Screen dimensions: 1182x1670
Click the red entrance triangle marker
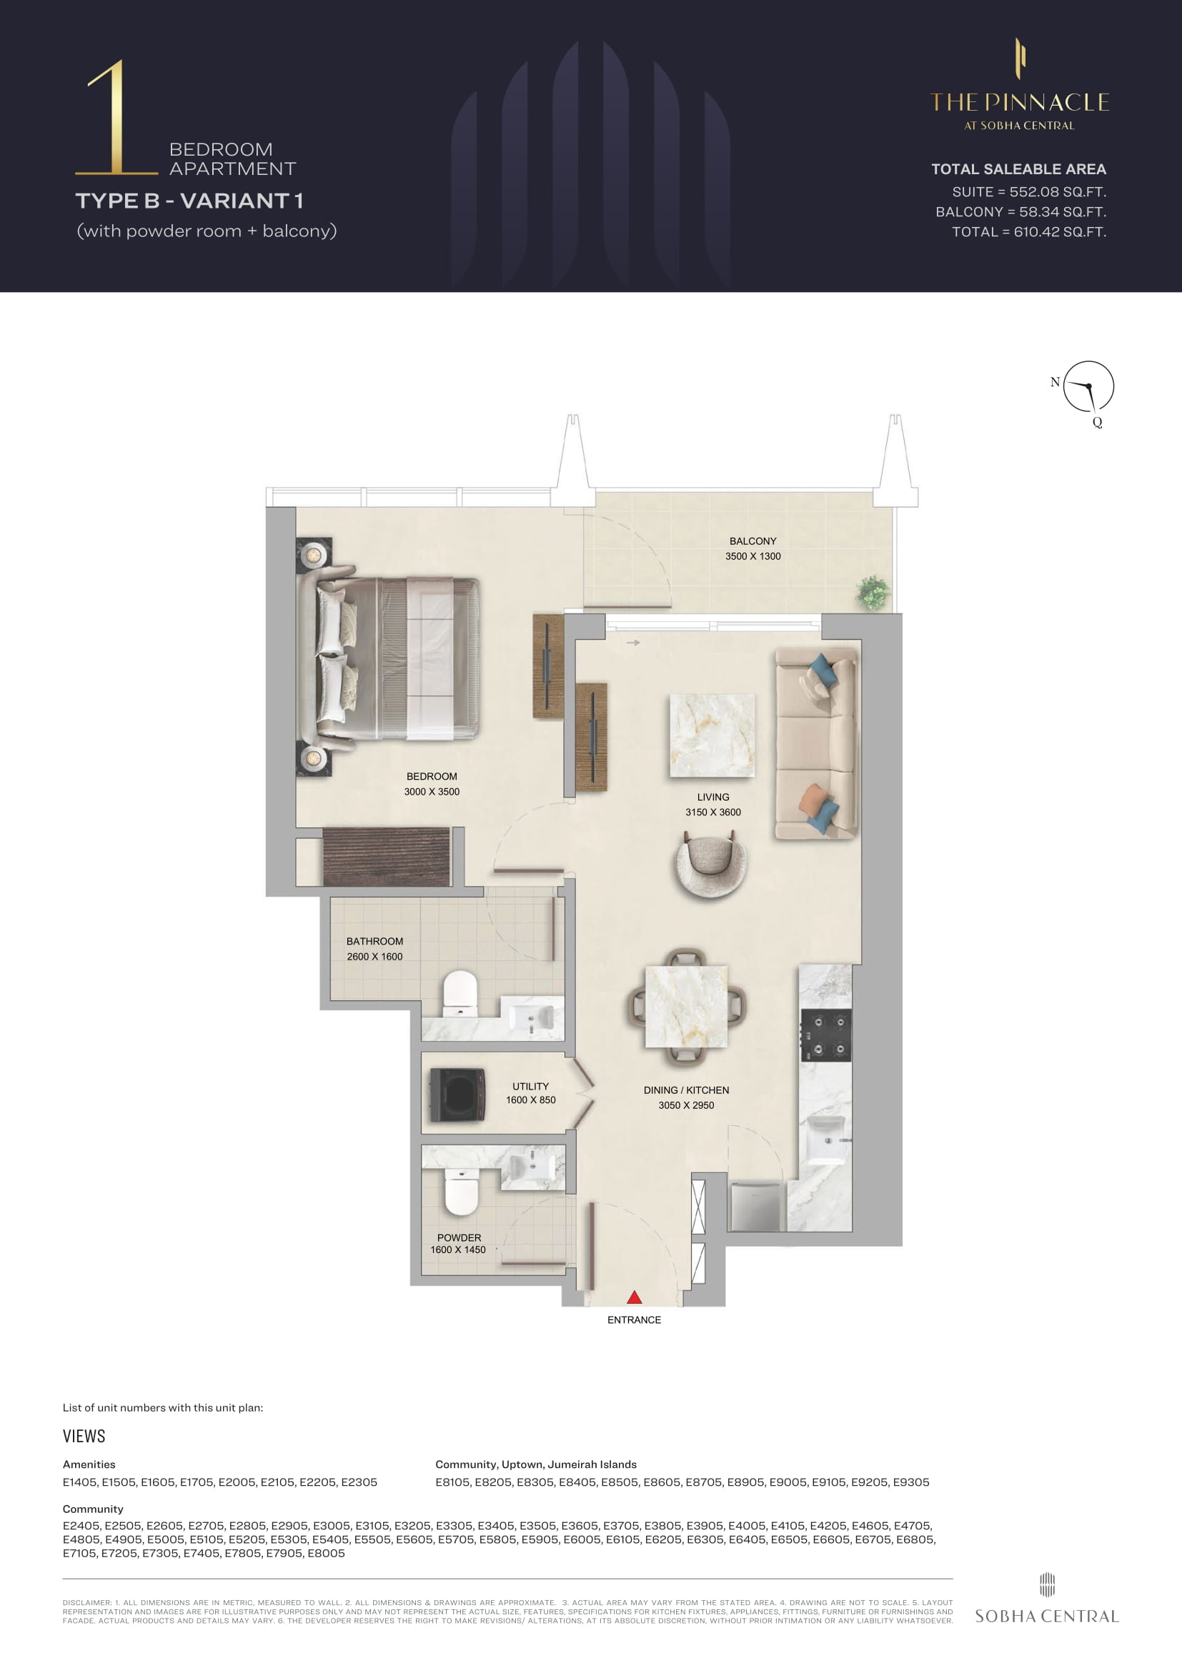634,1297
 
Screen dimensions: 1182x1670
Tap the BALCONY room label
753,541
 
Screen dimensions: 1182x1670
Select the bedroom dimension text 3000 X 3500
432,791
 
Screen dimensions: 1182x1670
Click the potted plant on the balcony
873,592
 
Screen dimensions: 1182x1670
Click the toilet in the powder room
461,1191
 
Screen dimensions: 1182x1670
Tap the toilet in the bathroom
460,994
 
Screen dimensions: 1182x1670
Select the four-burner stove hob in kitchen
826,1035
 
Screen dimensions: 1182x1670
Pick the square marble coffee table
712,735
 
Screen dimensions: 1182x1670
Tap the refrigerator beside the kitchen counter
756,1205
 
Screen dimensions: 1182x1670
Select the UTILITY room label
530,1086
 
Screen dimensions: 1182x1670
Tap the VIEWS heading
84,1436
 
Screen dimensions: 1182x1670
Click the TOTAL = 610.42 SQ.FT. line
1029,232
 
